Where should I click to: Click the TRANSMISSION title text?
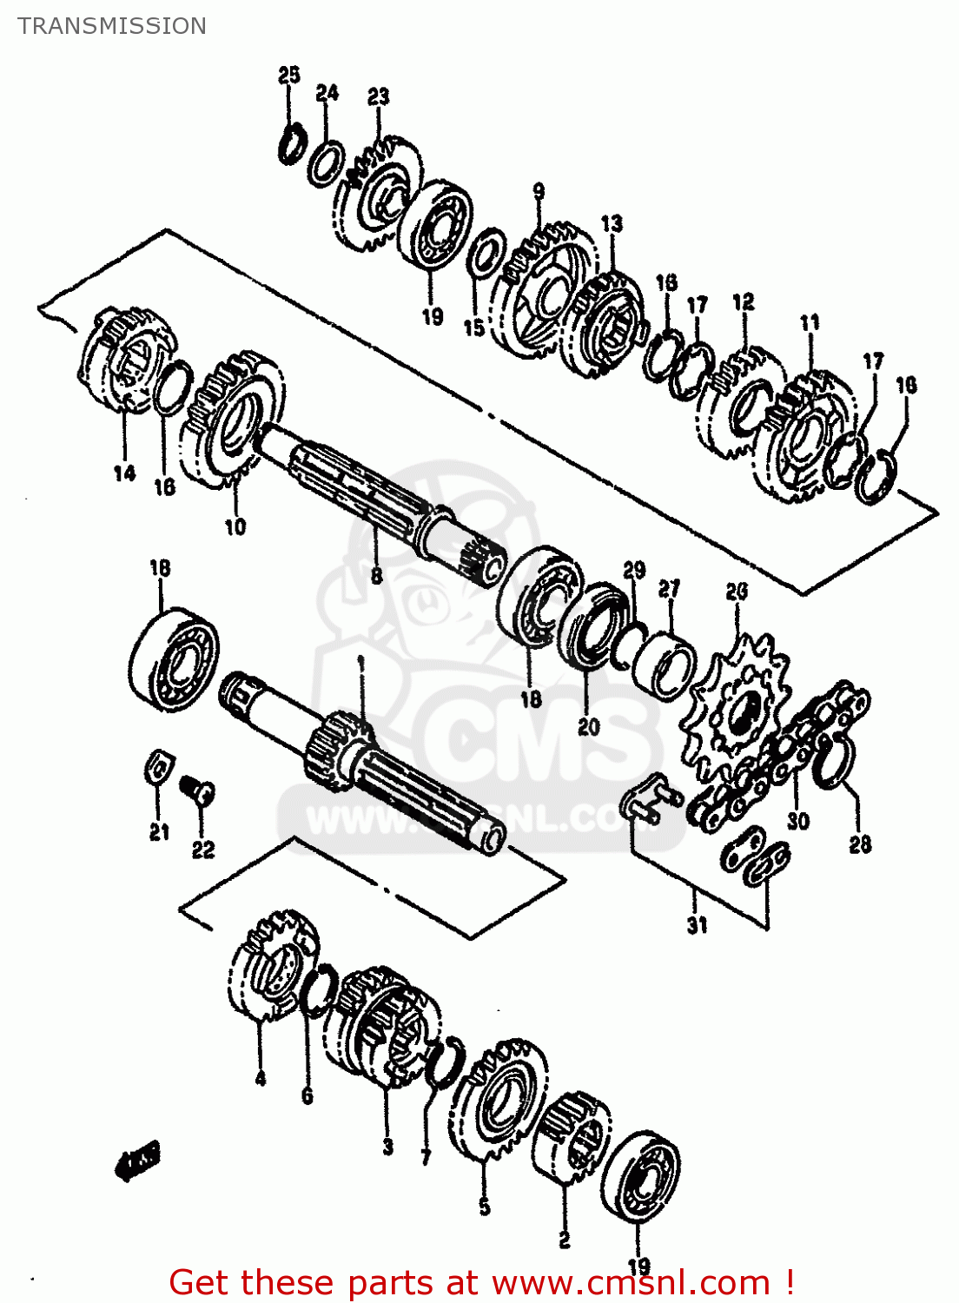(112, 26)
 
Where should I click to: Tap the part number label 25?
(289, 75)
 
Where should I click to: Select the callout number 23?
(378, 96)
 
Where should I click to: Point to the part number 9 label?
(539, 191)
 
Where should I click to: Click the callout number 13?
(612, 223)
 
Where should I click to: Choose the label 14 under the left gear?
(124, 473)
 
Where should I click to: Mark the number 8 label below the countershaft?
(376, 576)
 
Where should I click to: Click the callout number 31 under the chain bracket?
(698, 925)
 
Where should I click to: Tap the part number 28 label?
(859, 843)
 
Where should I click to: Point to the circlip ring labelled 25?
(290, 143)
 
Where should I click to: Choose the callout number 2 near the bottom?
(564, 1240)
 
